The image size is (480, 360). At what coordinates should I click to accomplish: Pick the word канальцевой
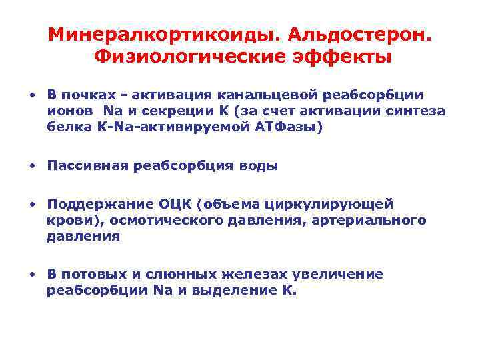click(x=261, y=95)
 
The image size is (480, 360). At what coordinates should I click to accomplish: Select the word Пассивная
click(x=85, y=166)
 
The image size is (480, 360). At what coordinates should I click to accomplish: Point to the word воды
click(x=259, y=166)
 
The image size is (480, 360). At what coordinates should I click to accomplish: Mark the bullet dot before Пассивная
click(x=32, y=166)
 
